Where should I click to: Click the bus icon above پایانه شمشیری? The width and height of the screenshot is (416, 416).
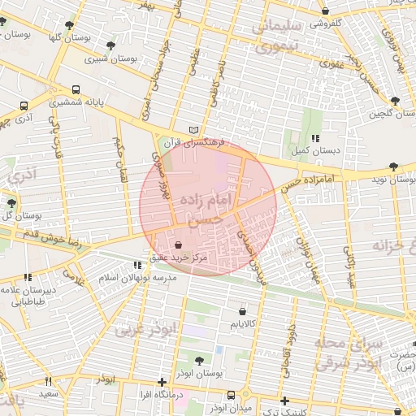point(76,90)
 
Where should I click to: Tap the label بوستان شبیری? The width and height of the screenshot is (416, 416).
point(111,59)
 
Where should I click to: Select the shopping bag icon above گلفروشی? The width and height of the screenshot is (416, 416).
point(326,11)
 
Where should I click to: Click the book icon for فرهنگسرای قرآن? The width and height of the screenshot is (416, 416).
point(193,130)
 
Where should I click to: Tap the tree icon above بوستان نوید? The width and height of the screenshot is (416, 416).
point(394,166)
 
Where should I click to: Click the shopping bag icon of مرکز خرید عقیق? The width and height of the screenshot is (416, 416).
point(178,244)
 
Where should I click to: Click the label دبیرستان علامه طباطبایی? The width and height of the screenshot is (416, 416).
point(28,295)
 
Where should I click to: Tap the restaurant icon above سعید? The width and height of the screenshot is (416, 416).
point(49,381)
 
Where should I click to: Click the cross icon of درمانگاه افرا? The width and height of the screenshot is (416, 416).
point(162,382)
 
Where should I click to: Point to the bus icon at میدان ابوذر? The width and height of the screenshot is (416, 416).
point(232,395)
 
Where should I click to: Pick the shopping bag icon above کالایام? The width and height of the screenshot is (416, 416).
point(243,311)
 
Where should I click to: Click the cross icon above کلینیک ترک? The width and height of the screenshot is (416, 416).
point(284,401)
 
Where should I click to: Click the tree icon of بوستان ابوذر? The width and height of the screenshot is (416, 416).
point(199,361)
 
